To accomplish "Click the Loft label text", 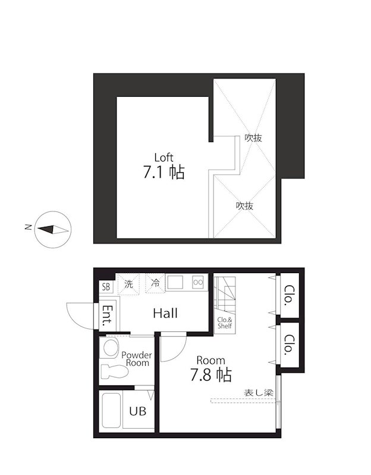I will (164, 157).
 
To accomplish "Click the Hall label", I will (165, 313).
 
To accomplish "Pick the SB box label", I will (106, 287).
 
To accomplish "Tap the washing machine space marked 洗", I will (128, 284).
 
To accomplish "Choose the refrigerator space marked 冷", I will (155, 284).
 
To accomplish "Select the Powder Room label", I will (136, 359).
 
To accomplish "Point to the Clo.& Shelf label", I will (224, 323).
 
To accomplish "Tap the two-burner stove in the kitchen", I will (198, 283).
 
